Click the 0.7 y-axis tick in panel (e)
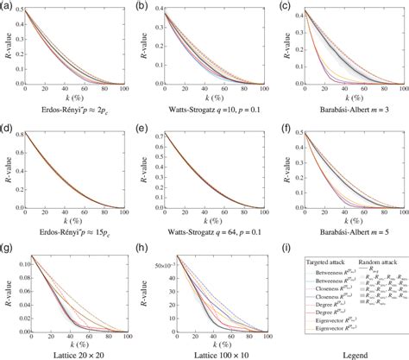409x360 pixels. [160, 136]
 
